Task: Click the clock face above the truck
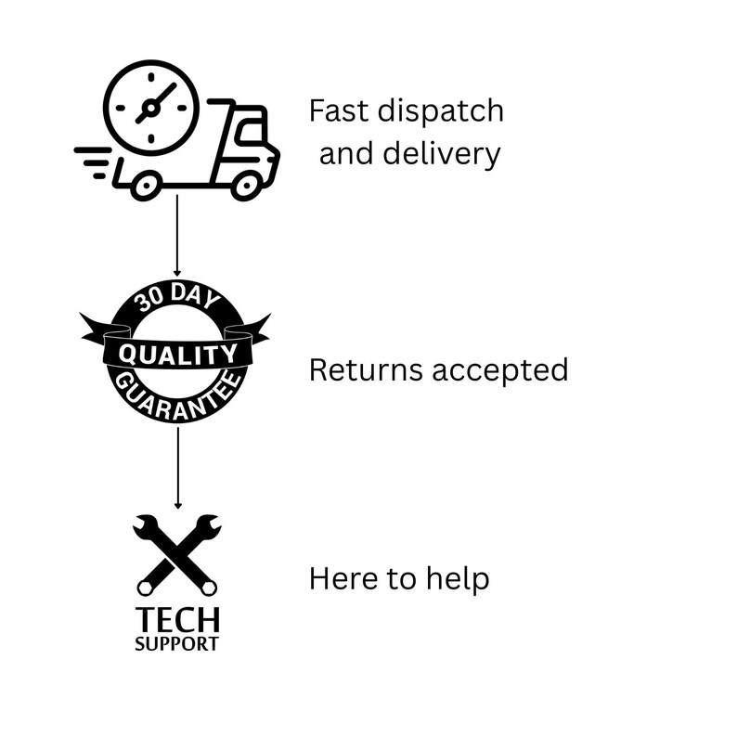[151, 108]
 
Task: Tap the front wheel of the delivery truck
[246, 186]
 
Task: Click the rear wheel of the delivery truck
[146, 186]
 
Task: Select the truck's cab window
[251, 131]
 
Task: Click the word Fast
[339, 111]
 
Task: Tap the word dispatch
[440, 112]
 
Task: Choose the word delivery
[441, 154]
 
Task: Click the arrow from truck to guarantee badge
[177, 236]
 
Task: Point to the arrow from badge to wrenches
[177, 468]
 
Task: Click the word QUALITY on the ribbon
[177, 355]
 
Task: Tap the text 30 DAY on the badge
[176, 296]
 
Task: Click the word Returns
[366, 369]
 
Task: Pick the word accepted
[500, 371]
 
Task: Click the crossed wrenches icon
[177, 555]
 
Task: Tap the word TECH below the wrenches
[177, 620]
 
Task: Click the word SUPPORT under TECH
[176, 643]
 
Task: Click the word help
[458, 580]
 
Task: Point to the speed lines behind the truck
[93, 162]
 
